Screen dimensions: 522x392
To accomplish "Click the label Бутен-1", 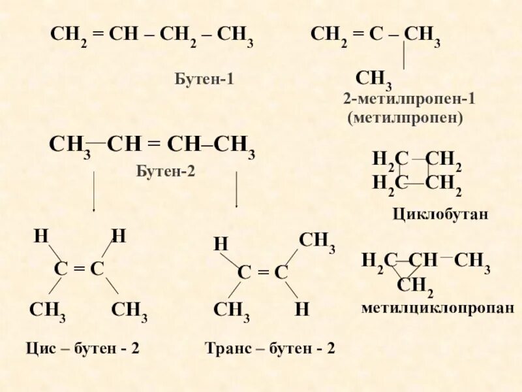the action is [x=204, y=80].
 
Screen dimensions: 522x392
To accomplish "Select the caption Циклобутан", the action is [x=440, y=214].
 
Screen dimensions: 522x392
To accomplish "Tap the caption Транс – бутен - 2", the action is [x=269, y=348].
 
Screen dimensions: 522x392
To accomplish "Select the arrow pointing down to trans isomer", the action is [x=236, y=189].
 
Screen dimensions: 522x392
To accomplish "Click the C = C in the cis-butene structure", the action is [x=79, y=269].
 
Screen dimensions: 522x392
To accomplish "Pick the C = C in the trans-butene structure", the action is [x=262, y=272].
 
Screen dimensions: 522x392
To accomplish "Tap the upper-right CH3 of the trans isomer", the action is [x=316, y=241].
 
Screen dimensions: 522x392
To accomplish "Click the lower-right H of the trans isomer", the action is [x=301, y=310].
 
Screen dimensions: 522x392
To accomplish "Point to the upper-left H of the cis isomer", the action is [x=41, y=235].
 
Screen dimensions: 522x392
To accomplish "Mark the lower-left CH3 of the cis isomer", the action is [x=47, y=310].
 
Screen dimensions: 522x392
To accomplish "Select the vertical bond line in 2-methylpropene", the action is [x=405, y=56].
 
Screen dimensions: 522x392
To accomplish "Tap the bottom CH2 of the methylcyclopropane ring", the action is [x=415, y=286].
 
